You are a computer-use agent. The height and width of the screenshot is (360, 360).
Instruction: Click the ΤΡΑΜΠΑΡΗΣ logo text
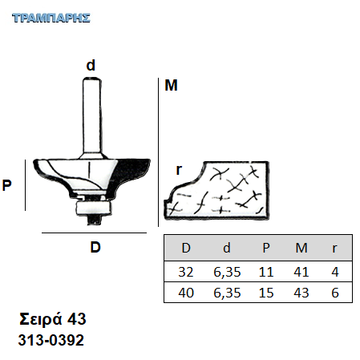[x=51, y=18]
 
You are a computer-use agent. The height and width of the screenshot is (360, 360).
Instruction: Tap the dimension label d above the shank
[x=91, y=65]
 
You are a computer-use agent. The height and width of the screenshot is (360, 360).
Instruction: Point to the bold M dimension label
[x=171, y=86]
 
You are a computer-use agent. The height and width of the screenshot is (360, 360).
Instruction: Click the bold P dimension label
[x=7, y=185]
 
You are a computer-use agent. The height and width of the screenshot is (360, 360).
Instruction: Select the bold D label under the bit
[x=95, y=247]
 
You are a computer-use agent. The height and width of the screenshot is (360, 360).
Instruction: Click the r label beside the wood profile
[x=179, y=170]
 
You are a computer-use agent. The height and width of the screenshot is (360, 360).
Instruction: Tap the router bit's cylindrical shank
[x=92, y=118]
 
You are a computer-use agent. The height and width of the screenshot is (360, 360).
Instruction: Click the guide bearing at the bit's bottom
[x=92, y=208]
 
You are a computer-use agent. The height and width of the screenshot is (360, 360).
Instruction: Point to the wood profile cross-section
[x=216, y=191]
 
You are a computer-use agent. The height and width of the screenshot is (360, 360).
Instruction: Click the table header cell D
[x=186, y=248]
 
